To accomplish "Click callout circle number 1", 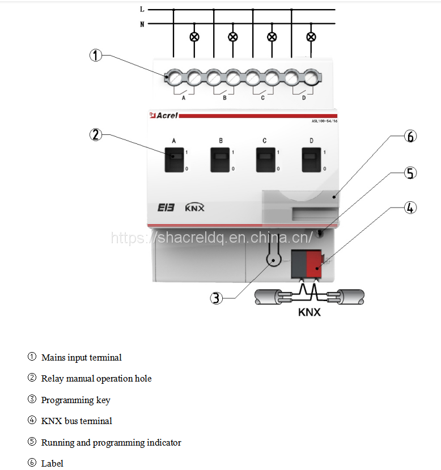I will pyautogui.click(x=96, y=56).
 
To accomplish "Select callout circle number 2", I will pyautogui.click(x=96, y=134).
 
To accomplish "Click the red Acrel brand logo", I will pyautogui.click(x=164, y=115).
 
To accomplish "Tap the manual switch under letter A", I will pyautogui.click(x=174, y=160).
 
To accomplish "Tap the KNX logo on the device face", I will pyautogui.click(x=194, y=208).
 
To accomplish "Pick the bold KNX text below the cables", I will pyautogui.click(x=309, y=312).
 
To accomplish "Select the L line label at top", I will pyautogui.click(x=142, y=10).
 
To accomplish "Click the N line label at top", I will pyautogui.click(x=142, y=24).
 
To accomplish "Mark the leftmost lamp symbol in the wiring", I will pyautogui.click(x=194, y=37).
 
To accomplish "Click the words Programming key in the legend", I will pyautogui.click(x=76, y=400).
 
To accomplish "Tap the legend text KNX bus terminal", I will pyautogui.click(x=77, y=421).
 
